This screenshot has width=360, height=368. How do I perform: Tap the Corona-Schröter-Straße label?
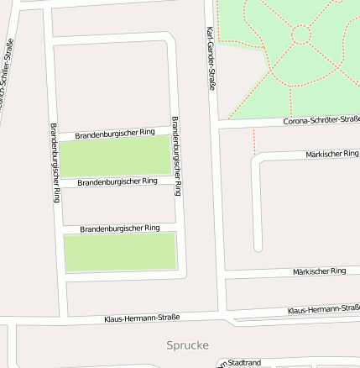point(321,120)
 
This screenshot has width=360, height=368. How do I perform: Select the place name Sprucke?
point(187,345)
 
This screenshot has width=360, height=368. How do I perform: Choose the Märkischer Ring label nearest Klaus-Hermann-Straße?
point(320,271)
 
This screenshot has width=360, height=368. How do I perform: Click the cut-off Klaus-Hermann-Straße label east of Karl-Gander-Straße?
point(323,310)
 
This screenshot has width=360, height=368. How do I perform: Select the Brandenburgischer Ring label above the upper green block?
point(115,134)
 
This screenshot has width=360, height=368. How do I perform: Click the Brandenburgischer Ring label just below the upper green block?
point(117,181)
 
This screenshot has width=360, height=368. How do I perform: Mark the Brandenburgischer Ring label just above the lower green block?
point(120,229)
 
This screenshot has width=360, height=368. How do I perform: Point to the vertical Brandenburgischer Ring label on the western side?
point(55,163)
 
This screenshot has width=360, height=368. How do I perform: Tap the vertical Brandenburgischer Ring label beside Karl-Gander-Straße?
point(177,156)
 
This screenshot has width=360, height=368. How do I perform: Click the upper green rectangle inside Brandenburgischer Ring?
point(115,157)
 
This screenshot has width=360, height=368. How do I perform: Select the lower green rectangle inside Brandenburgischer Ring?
point(120,252)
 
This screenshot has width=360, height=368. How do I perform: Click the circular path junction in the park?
point(300,34)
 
